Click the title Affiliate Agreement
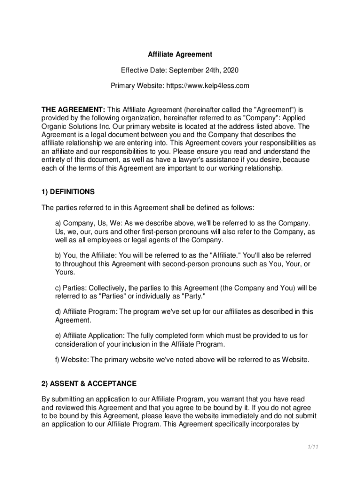pyautogui.click(x=180, y=55)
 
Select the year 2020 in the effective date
pyautogui.click(x=230, y=70)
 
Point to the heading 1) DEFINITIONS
pyautogui.click(x=68, y=192)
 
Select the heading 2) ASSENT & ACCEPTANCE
pyautogui.click(x=89, y=384)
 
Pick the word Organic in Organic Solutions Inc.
pyautogui.click(x=54, y=126)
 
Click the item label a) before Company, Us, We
pyautogui.click(x=58, y=223)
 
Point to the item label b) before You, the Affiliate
pyautogui.click(x=58, y=255)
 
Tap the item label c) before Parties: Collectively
pyautogui.click(x=58, y=288)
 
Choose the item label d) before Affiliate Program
pyautogui.click(x=58, y=312)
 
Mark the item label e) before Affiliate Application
pyautogui.click(x=58, y=336)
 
